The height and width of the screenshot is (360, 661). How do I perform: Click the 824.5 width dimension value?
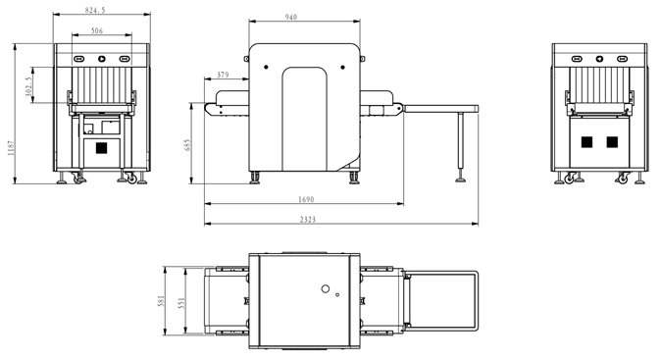95,10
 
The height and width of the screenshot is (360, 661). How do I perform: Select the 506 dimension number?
96,30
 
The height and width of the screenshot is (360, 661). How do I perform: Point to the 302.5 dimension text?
28,86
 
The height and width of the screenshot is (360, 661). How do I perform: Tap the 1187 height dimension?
12,148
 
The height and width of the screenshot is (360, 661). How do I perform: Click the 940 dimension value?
291,18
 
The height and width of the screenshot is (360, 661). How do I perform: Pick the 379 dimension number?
223,75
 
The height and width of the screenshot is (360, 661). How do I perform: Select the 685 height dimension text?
188,145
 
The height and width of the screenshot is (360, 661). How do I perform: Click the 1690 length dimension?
306,199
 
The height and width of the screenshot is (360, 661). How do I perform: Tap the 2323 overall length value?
308,219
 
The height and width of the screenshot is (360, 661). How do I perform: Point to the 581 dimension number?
161,301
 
